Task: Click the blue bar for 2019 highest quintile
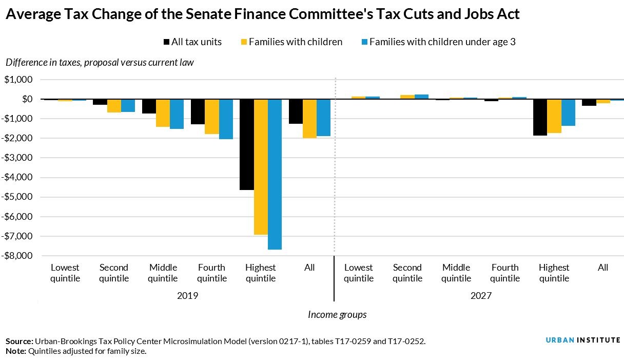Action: pos(275,174)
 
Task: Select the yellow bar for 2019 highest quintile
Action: pos(261,167)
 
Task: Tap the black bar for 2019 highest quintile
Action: pos(247,144)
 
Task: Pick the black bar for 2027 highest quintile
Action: pos(540,117)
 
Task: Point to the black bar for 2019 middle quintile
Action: pos(149,106)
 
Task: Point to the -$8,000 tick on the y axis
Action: pos(18,256)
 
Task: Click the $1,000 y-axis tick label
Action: pos(18,80)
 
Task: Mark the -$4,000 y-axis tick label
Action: pos(18,178)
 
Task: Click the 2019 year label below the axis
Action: pos(187,296)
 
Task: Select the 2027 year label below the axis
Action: pos(480,296)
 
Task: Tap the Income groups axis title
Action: pos(337,314)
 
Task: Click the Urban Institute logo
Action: pos(583,340)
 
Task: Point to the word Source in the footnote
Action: pos(18,341)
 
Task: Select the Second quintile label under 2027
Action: pos(407,273)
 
